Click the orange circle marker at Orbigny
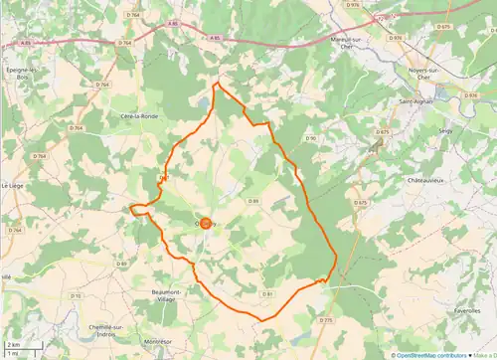point(205,224)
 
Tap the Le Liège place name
point(12,185)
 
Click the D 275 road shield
point(326,319)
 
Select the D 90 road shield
point(309,137)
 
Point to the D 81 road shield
point(267,293)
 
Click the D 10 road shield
point(76,295)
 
